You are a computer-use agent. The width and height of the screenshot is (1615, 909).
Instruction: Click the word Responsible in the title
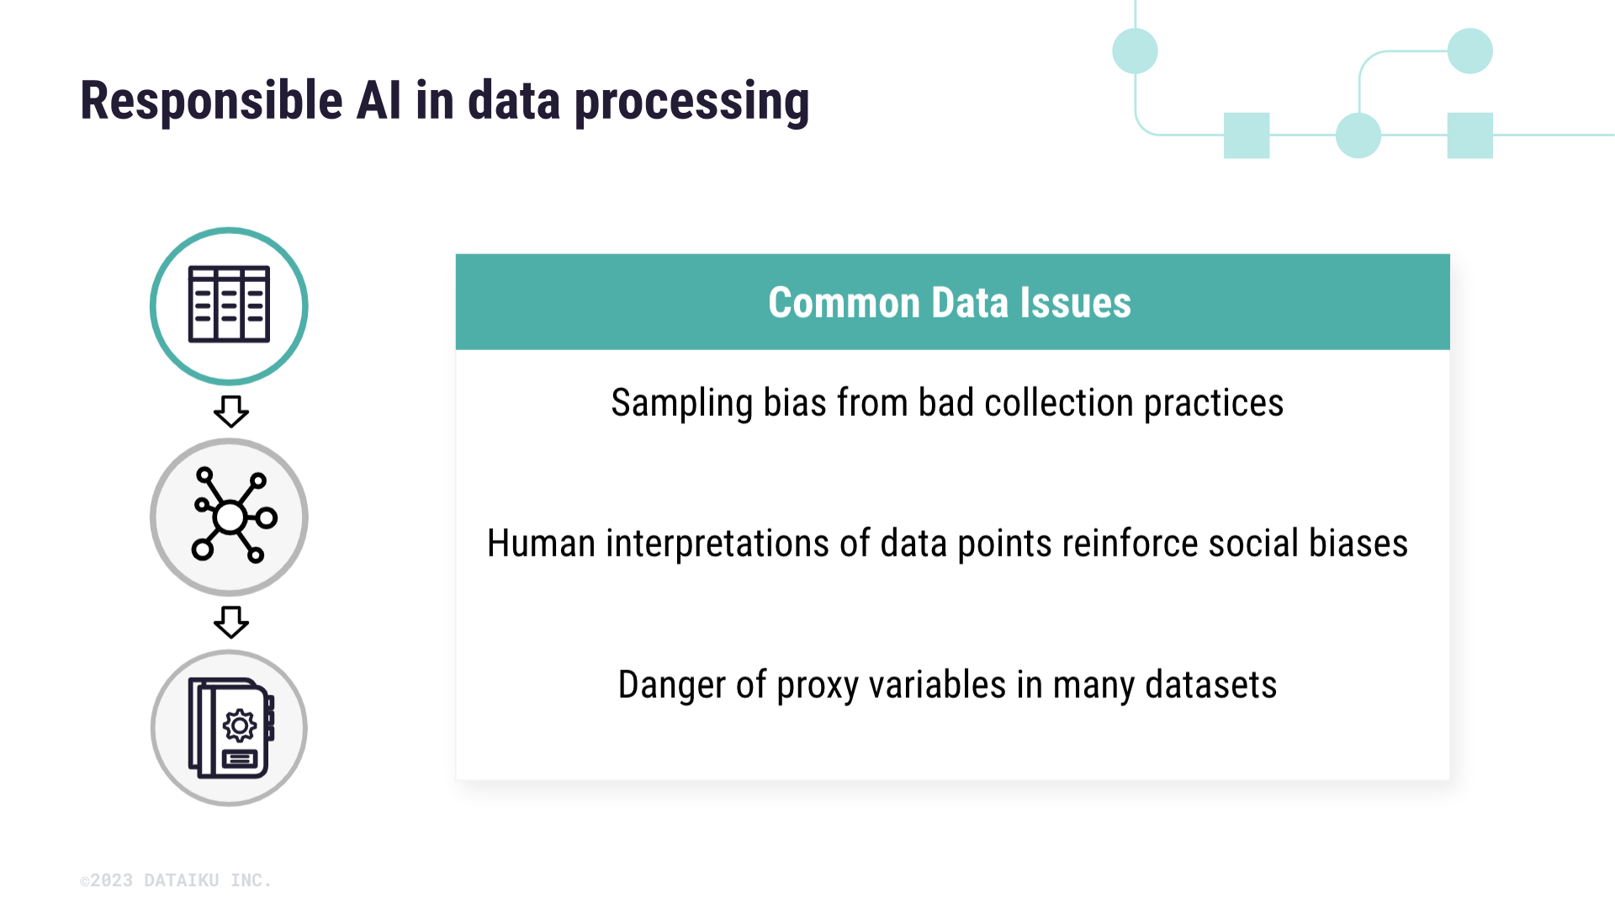210,100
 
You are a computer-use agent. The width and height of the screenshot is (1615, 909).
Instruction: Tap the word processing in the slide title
691,102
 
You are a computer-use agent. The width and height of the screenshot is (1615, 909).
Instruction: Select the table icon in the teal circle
229,305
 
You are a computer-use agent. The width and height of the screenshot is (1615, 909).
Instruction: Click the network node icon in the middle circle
230,516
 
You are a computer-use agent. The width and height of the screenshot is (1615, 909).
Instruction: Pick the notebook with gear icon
230,728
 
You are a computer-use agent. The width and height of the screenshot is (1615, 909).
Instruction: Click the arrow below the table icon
230,412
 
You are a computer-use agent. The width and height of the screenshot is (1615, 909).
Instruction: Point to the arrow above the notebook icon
230,623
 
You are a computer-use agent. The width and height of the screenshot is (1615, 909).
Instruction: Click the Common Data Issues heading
949,303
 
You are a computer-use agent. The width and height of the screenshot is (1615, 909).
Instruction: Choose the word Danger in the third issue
670,685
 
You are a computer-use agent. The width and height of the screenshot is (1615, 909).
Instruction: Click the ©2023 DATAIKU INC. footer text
175,880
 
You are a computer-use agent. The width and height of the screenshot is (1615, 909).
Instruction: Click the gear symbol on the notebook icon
240,726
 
